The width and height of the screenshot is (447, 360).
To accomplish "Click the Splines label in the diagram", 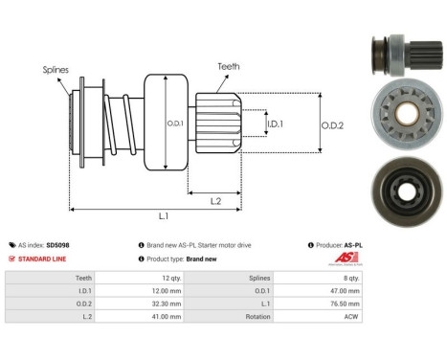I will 55,70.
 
